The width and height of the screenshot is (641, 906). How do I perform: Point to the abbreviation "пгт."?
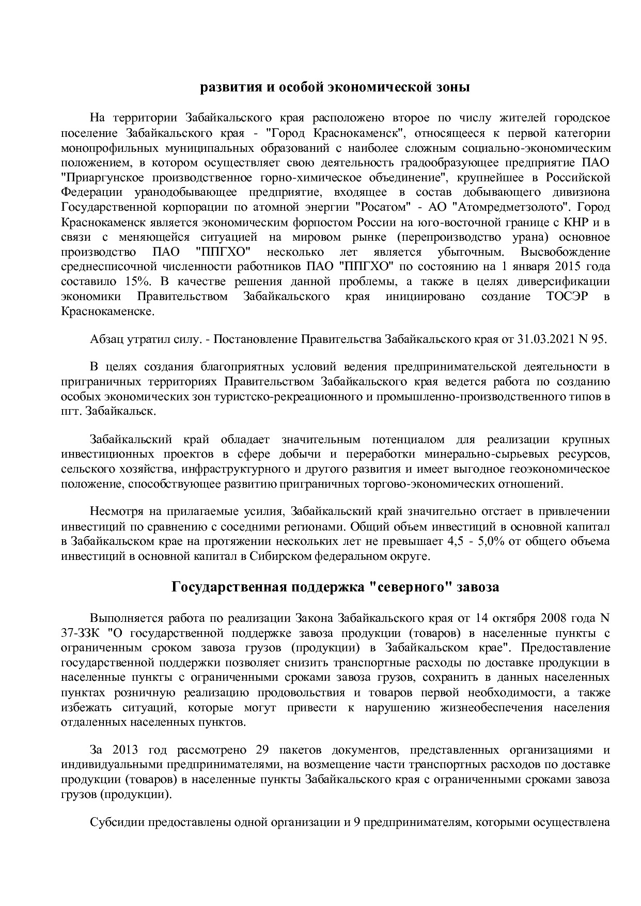pyautogui.click(x=72, y=412)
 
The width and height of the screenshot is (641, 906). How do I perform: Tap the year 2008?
pyautogui.click(x=568, y=618)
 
